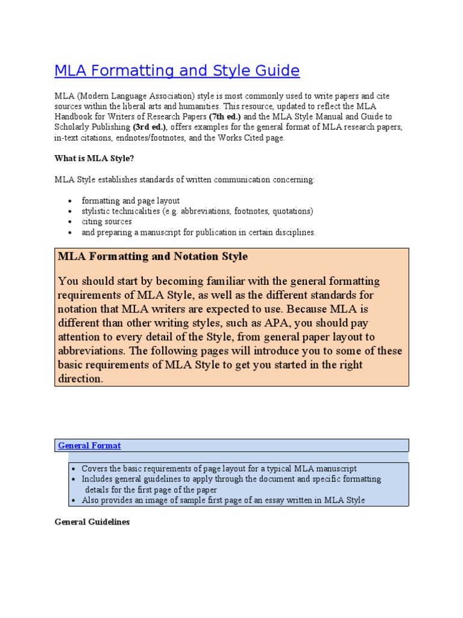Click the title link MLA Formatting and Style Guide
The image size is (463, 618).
pos(177,71)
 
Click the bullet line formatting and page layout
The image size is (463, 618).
pos(131,201)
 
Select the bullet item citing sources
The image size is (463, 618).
pos(107,221)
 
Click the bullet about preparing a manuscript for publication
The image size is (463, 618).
pos(198,232)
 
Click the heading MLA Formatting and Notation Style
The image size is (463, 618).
pos(153,256)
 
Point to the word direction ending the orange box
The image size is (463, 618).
pos(80,378)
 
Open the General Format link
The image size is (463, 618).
pos(89,445)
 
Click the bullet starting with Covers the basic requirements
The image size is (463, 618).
pos(219,468)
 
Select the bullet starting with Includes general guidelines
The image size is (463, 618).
pos(231,479)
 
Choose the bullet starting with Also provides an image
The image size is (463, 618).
pos(223,500)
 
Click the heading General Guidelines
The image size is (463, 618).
pos(92,521)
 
